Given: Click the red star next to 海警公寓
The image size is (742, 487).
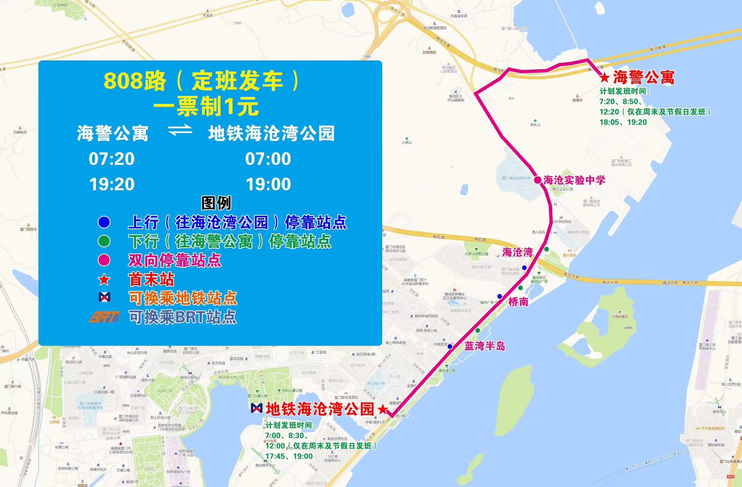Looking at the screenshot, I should (604, 78).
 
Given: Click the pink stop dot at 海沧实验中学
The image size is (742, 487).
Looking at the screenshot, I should (538, 180).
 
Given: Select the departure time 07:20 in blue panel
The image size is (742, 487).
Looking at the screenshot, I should (111, 159).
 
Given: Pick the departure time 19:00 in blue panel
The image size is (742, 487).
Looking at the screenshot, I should (268, 184).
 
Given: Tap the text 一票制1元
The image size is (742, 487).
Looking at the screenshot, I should (206, 107).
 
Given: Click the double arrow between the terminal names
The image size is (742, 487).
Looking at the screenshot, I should (180, 132).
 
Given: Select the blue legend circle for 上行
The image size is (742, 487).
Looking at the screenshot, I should (104, 222).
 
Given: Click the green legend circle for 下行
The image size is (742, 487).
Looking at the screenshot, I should (104, 241).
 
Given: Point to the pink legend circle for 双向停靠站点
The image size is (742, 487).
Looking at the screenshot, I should (104, 260).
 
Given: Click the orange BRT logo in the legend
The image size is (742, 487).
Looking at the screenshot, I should (104, 317).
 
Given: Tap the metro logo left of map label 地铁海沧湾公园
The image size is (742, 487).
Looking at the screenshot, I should (256, 408).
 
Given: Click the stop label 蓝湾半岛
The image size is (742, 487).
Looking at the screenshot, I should (485, 346).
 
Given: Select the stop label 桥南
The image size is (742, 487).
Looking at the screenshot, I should (518, 302).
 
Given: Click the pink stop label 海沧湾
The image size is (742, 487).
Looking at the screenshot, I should (517, 252).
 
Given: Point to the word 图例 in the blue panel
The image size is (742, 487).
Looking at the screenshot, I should (216, 203).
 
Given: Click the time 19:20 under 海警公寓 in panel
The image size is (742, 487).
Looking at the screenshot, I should (112, 184).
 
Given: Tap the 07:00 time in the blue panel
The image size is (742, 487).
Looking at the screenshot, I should (268, 159).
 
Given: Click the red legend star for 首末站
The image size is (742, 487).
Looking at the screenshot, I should (104, 280).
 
